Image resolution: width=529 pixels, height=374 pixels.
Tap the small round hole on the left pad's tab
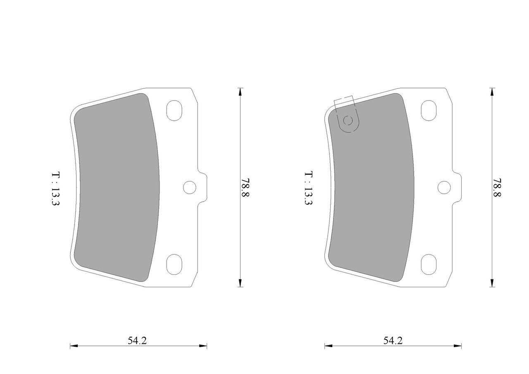coord(190,188)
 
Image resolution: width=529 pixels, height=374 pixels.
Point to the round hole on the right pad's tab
coord(444,188)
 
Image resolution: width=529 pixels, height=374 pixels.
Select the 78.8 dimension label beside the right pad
coord(497,188)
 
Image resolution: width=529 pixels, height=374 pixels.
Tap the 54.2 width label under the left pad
coord(137,341)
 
